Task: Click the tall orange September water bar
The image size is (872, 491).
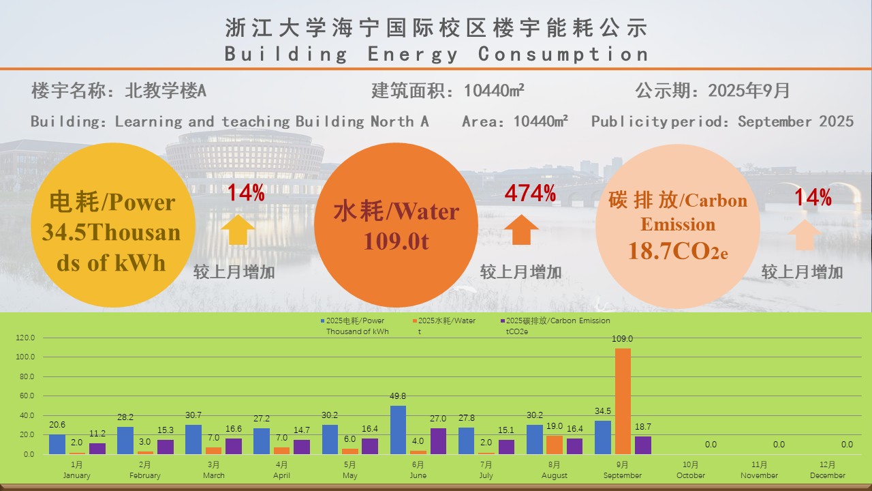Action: click(x=623, y=401)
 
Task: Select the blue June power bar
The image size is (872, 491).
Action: click(x=398, y=430)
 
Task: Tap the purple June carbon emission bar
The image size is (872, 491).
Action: click(x=437, y=441)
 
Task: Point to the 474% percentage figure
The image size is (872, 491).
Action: click(x=530, y=194)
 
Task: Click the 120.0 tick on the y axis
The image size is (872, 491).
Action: click(x=25, y=338)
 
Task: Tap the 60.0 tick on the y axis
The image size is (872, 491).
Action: click(x=27, y=396)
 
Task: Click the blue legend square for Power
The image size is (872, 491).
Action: click(x=323, y=321)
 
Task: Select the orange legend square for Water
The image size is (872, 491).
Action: click(x=414, y=321)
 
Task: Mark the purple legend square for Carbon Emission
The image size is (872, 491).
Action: click(x=503, y=321)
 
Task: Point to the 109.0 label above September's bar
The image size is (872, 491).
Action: click(x=623, y=339)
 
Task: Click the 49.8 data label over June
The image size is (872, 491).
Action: click(x=398, y=397)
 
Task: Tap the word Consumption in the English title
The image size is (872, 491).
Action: click(x=563, y=54)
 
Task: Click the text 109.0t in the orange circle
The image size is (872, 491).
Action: click(x=396, y=241)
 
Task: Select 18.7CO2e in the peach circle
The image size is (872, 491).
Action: click(x=678, y=250)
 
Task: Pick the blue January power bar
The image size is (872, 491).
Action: click(x=57, y=444)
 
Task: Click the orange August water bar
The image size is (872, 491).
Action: click(x=554, y=445)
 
